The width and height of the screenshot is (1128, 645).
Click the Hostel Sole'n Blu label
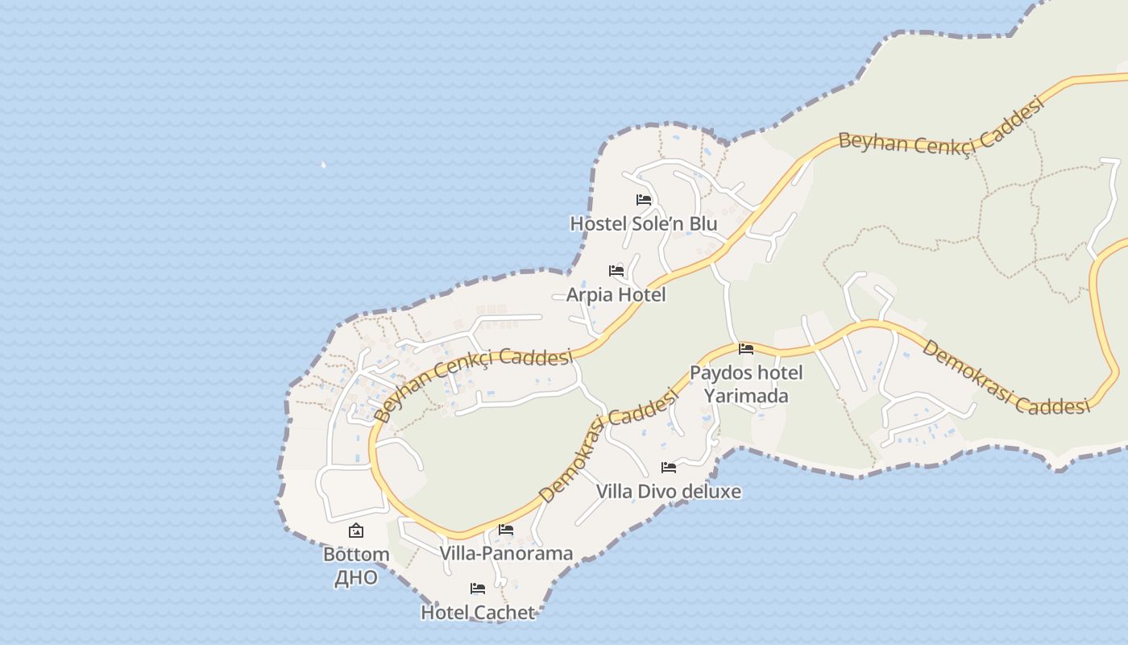point(643,223)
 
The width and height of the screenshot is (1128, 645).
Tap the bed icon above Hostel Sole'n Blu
point(643,199)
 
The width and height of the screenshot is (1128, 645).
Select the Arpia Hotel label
point(616,295)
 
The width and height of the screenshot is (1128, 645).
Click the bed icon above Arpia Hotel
point(616,271)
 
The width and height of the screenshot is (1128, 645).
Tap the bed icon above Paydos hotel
point(746,349)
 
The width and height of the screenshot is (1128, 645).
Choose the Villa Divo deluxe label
point(668,491)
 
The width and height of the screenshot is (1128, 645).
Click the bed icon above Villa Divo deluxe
point(668,467)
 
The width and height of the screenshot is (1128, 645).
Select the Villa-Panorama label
point(506,553)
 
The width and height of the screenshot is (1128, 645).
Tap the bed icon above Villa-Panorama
point(506,530)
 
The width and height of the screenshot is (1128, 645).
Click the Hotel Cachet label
point(478,612)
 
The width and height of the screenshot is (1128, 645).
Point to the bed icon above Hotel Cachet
point(478,589)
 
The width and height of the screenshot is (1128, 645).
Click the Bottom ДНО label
point(355,566)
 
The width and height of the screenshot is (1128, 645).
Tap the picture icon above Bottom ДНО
point(355,531)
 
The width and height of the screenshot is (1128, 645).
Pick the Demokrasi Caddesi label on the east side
point(1005,377)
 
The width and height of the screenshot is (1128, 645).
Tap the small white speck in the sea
point(323,164)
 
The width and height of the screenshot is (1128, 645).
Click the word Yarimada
point(746,396)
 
